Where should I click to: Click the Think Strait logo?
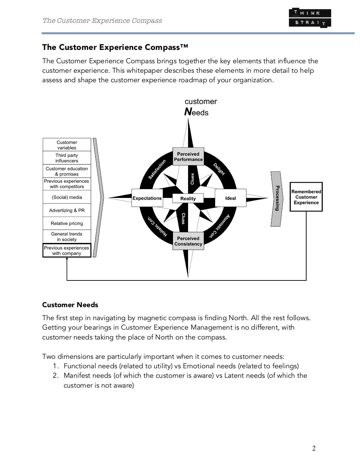(310, 18)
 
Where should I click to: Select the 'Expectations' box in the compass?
(147, 198)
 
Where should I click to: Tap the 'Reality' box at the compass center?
(188, 199)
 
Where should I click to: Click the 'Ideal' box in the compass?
(231, 198)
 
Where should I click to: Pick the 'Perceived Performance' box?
(188, 157)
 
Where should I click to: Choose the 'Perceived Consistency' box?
(188, 241)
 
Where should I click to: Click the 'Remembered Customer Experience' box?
(306, 197)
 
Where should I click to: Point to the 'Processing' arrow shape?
(277, 199)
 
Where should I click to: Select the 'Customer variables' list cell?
(67, 145)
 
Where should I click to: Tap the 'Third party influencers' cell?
(67, 158)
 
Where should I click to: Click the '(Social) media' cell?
(67, 197)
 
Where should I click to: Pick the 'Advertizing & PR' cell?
(67, 211)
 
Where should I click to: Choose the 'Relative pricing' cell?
(67, 224)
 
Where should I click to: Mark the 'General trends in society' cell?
(67, 237)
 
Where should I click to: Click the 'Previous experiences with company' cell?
(67, 251)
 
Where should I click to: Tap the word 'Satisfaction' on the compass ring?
(157, 169)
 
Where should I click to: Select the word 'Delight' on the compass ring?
(219, 169)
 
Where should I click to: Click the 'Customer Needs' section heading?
(70, 305)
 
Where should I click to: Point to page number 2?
(314, 448)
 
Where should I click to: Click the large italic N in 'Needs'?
(188, 112)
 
